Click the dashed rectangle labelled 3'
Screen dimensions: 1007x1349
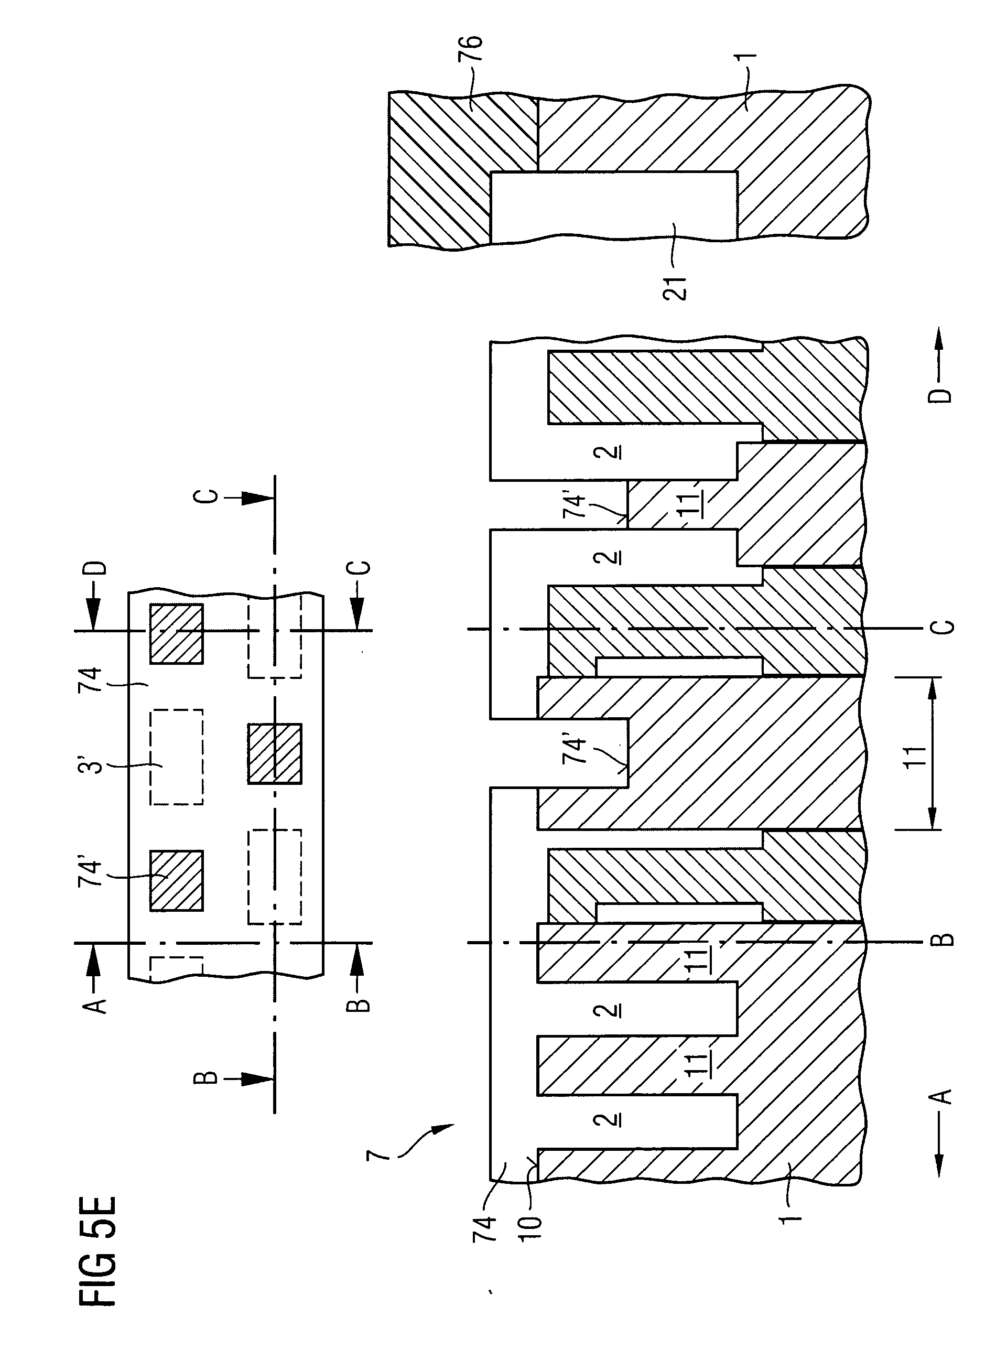pos(177,757)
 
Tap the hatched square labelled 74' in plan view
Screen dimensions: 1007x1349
pos(177,881)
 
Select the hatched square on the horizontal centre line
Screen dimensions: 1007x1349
pos(274,753)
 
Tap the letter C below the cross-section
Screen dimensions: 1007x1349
pos(943,627)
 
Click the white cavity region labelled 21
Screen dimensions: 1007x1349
pos(614,206)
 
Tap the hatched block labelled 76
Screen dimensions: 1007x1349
pos(463,169)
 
